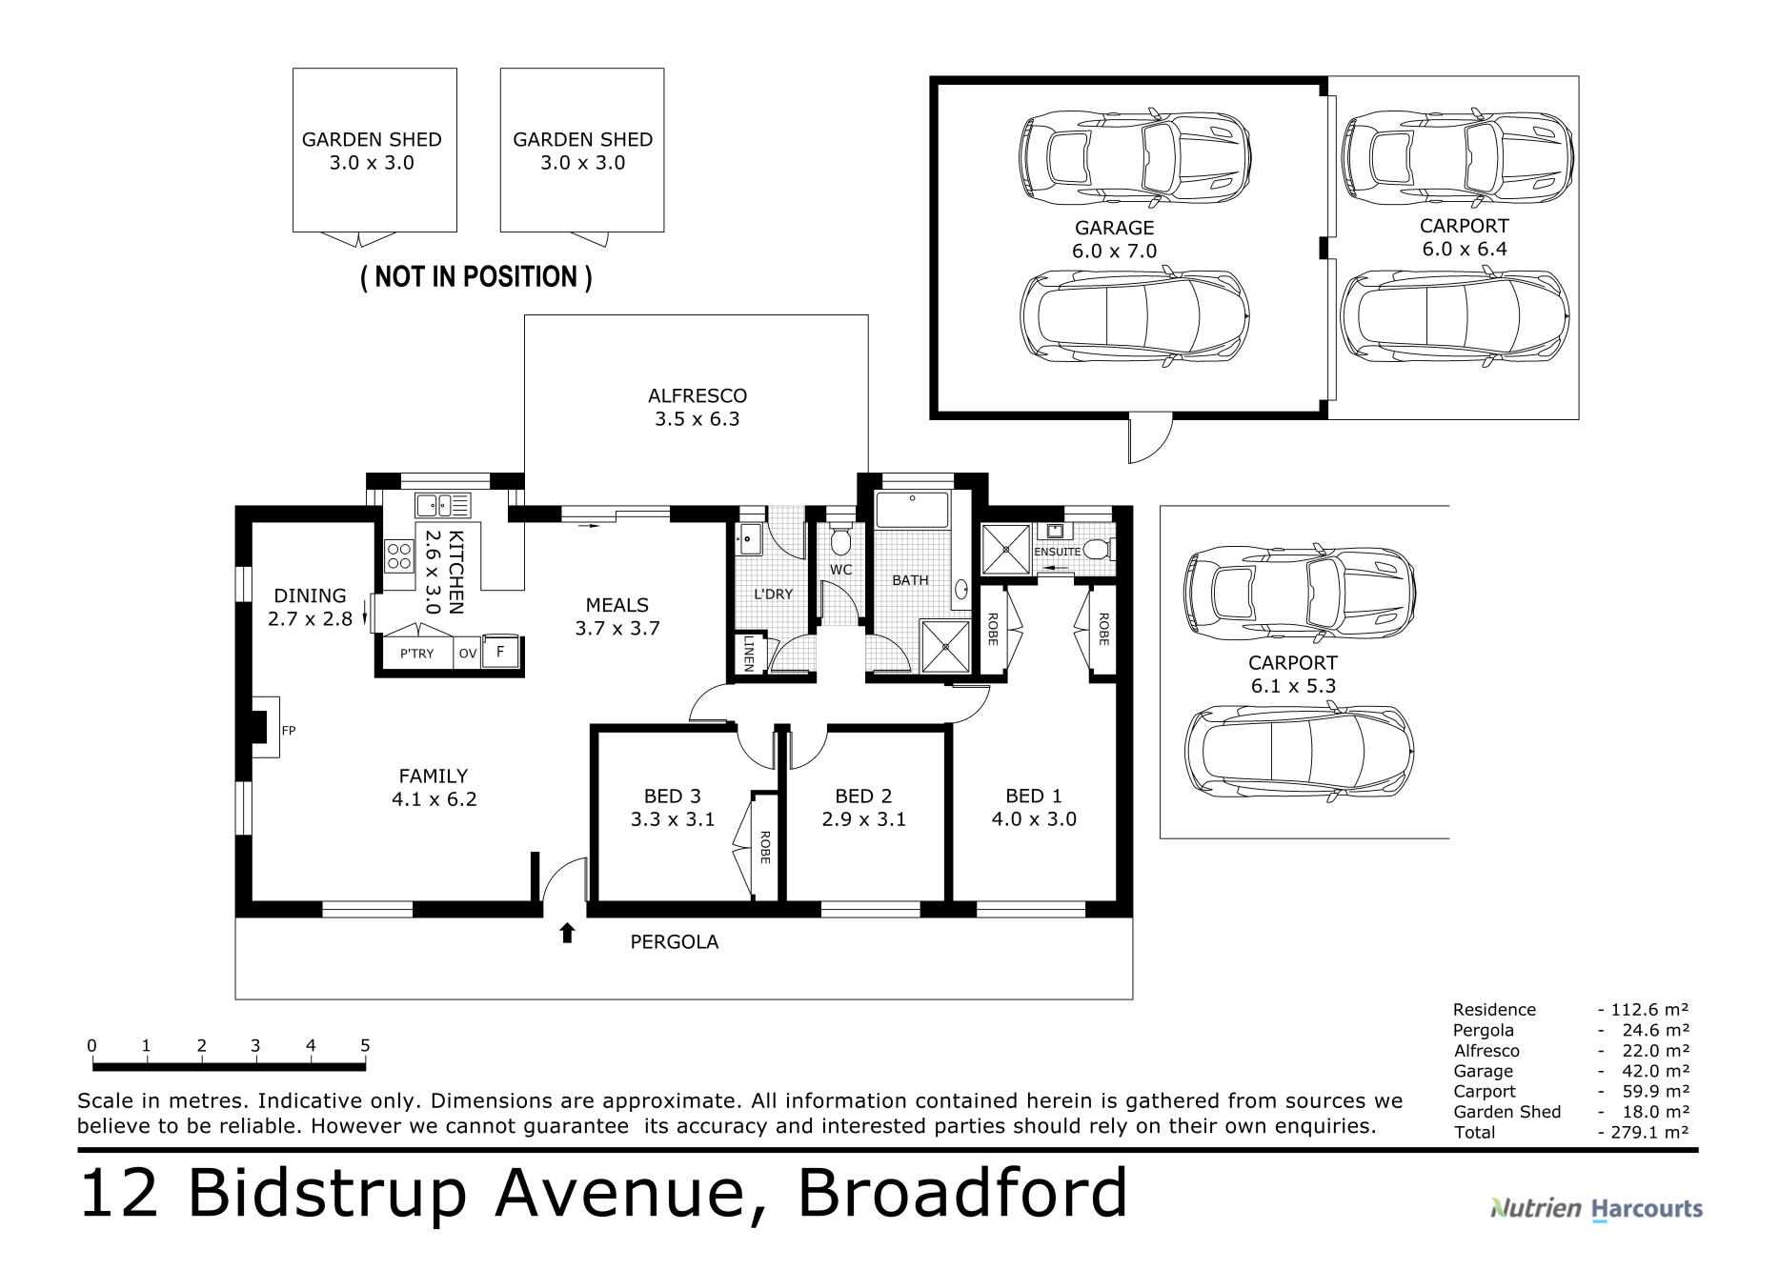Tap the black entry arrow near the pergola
coord(568,933)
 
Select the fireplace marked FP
coord(265,727)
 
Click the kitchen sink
coord(442,505)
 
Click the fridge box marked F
coord(500,653)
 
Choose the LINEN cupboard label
coord(749,654)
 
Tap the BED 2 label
coord(863,808)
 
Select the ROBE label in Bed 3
coord(764,848)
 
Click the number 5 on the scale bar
coord(365,1045)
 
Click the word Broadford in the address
coord(962,1192)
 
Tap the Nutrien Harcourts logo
coord(1596,1209)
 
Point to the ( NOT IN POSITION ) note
coord(476,277)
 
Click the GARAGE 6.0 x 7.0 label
coord(1114,239)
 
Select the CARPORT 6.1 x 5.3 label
coord(1293,675)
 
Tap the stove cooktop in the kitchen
coord(398,556)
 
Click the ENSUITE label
coord(1057,552)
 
